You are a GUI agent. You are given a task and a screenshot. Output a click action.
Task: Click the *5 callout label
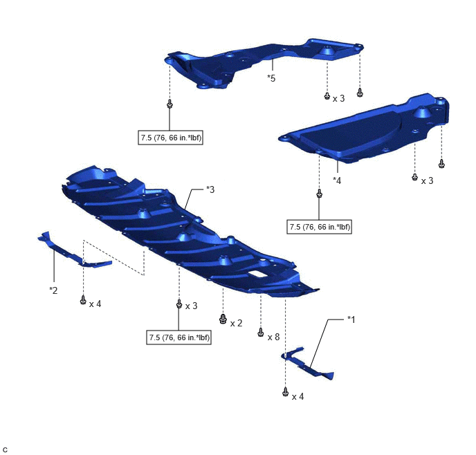pyautogui.click(x=271, y=78)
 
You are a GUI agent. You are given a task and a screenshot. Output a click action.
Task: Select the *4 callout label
pyautogui.click(x=337, y=180)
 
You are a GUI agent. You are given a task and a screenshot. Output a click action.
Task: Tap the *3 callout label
pyautogui.click(x=210, y=189)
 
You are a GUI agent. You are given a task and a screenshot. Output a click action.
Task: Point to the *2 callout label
pyautogui.click(x=53, y=290)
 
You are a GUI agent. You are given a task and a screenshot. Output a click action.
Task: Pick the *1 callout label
pyautogui.click(x=351, y=319)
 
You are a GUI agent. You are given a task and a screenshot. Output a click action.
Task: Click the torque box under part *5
pyautogui.click(x=171, y=138)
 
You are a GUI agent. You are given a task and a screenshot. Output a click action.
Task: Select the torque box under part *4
pyautogui.click(x=320, y=227)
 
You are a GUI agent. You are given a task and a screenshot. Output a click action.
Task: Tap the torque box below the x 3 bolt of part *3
pyautogui.click(x=178, y=337)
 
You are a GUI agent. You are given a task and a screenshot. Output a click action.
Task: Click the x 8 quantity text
pyautogui.click(x=273, y=337)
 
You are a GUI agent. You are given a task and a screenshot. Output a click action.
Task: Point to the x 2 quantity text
pyautogui.click(x=236, y=324)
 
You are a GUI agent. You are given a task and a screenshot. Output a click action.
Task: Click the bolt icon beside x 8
pyautogui.click(x=260, y=332)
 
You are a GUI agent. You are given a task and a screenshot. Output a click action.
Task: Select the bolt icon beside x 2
pyautogui.click(x=223, y=319)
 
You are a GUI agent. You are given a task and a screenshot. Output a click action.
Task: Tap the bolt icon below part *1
pyautogui.click(x=285, y=391)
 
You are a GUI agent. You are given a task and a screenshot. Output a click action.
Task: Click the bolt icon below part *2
pyautogui.click(x=83, y=300)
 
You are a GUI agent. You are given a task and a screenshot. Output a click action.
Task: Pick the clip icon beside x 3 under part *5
pyautogui.click(x=327, y=96)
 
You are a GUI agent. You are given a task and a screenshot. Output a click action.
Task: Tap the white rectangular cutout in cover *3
pyautogui.click(x=257, y=274)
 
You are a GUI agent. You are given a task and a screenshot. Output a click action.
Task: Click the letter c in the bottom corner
pyautogui.click(x=5, y=449)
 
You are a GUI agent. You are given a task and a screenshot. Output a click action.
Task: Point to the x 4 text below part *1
pyautogui.click(x=297, y=396)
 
